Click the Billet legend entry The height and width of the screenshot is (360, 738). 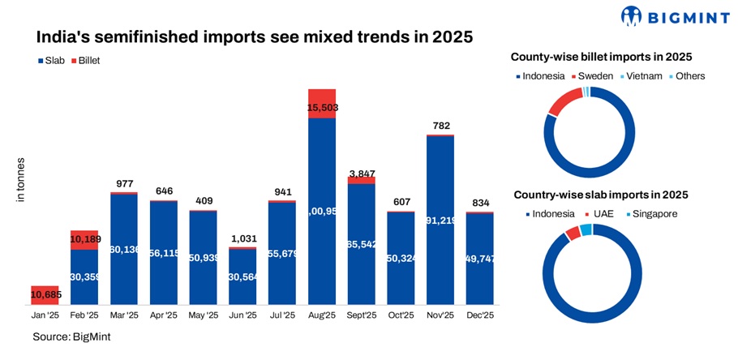(90, 60)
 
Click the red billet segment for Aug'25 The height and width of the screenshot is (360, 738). (322, 103)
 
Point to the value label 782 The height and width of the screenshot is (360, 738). (440, 126)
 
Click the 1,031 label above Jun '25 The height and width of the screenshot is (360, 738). (242, 238)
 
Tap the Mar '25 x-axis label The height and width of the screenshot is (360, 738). (124, 315)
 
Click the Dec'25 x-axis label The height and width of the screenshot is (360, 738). (480, 315)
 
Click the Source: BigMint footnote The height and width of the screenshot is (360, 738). (71, 336)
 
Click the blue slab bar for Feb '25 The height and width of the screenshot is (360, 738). (84, 276)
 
